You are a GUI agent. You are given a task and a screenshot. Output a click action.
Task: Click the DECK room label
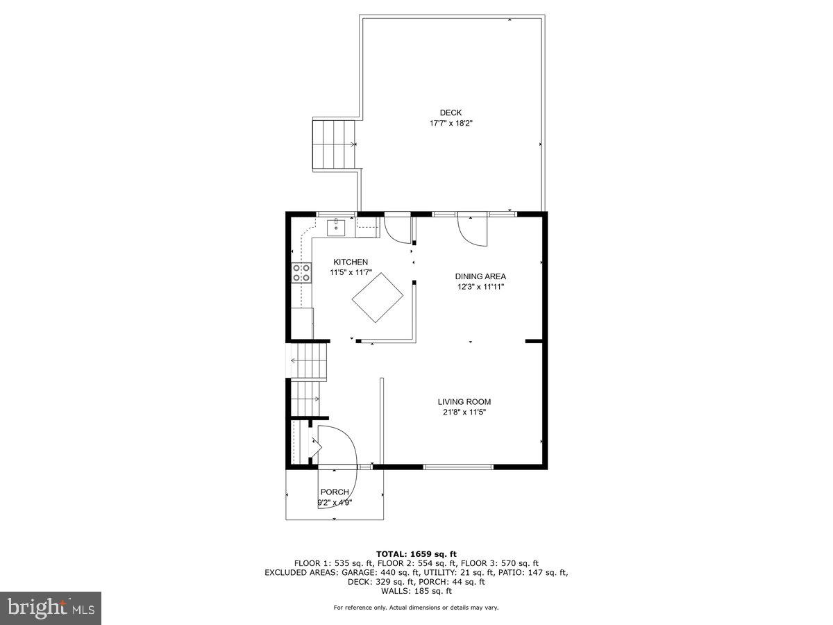coord(451,113)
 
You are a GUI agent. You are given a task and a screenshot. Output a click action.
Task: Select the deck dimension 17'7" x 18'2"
coord(451,124)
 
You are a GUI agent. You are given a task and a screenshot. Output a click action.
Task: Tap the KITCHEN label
coord(351,262)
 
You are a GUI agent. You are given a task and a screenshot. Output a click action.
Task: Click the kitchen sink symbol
coord(336,226)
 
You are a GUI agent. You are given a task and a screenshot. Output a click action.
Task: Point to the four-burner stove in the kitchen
coord(301,273)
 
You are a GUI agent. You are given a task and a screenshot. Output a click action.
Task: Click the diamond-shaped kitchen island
coord(378,298)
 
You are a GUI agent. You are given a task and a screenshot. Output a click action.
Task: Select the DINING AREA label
coord(480,276)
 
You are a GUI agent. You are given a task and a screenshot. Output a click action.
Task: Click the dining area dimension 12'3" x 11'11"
coord(480,287)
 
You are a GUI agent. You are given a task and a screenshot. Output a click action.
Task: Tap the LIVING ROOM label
coord(464,401)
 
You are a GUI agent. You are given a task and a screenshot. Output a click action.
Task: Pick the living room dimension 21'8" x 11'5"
coord(464,412)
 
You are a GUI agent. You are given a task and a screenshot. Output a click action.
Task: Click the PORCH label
coord(335,492)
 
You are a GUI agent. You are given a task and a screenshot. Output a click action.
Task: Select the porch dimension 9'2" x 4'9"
coord(335,503)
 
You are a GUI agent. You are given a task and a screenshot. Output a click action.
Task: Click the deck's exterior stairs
coord(334,144)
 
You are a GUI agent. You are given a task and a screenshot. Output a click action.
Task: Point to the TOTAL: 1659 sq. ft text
coord(416,554)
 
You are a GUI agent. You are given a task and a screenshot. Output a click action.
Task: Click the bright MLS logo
coord(51,608)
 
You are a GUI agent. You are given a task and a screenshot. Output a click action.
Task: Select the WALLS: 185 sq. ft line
coord(416,591)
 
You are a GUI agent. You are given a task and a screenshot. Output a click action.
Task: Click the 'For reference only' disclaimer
coord(416,608)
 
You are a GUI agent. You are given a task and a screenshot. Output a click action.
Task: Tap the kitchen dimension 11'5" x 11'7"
coord(351,272)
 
